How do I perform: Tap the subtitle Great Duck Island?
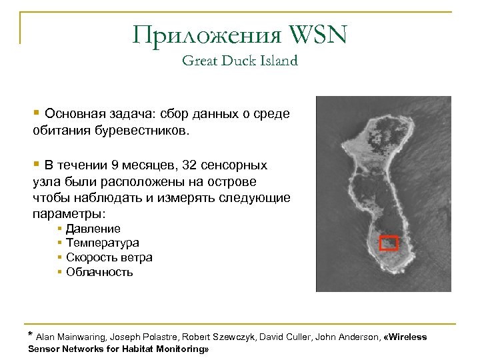pos(239,61)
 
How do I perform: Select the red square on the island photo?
pos(389,243)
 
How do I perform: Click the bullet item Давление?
pos(93,229)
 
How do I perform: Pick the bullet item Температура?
pos(103,243)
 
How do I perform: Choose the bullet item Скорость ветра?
pos(109,257)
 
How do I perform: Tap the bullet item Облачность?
pos(99,272)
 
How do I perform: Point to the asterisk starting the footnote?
pos(29,334)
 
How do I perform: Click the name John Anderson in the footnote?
pos(345,337)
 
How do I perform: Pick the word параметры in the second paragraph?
pos(67,215)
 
